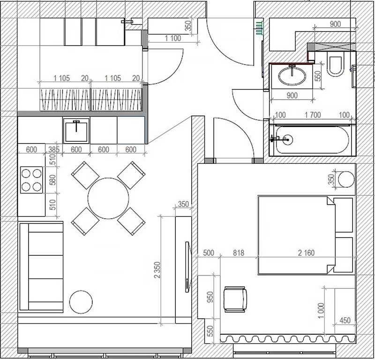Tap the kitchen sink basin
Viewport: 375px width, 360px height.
(76, 130)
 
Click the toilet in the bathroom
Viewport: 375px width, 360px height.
(336, 66)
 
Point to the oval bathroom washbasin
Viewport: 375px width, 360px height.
(291, 76)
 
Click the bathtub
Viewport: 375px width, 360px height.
(312, 140)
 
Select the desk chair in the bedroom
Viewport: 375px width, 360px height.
(235, 299)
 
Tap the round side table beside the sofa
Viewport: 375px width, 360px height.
(81, 302)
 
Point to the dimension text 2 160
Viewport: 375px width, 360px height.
(306, 253)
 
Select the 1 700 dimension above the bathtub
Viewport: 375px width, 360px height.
(313, 115)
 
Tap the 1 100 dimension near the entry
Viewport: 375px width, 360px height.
(172, 38)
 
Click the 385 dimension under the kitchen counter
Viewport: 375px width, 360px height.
(53, 150)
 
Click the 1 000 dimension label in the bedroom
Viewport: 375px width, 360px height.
(320, 310)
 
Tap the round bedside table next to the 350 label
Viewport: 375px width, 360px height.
(346, 179)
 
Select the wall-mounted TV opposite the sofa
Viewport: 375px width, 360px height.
(188, 266)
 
